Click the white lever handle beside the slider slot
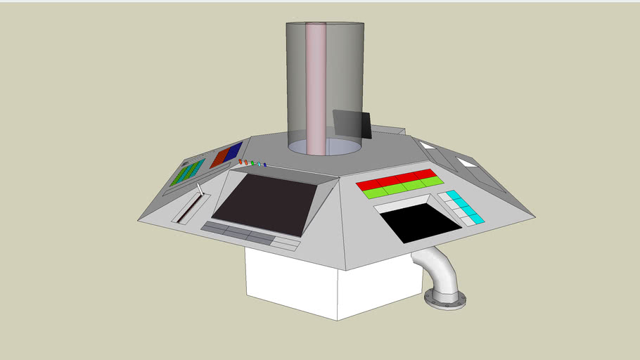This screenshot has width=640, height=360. tap(200, 191)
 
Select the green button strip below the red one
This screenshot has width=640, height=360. tap(402, 187)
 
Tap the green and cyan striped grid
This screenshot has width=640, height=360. tap(187, 172)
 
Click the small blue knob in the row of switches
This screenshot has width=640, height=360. tap(265, 165)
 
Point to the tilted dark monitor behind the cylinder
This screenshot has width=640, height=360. tap(352, 125)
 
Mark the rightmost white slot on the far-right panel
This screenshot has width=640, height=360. tap(467, 162)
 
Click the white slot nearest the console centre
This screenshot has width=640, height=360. tap(427, 146)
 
